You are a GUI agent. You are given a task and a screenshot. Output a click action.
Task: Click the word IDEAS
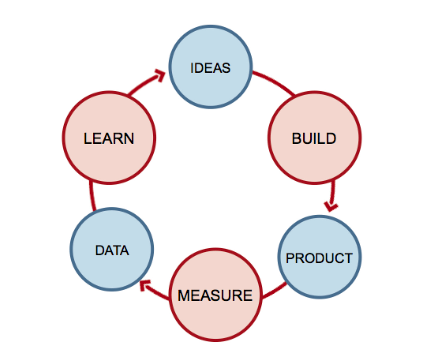pyautogui.click(x=210, y=68)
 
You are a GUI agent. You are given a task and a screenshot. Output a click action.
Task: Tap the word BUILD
pyautogui.click(x=314, y=138)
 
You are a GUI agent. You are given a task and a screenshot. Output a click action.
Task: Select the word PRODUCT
pyautogui.click(x=319, y=258)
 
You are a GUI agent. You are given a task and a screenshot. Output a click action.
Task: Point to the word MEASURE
pyautogui.click(x=215, y=295)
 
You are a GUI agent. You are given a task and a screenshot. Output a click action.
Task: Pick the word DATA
pyautogui.click(x=112, y=250)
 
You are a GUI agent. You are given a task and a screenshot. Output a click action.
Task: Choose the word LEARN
pyautogui.click(x=109, y=138)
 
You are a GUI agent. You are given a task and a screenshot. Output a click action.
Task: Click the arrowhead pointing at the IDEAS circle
pyautogui.click(x=161, y=75)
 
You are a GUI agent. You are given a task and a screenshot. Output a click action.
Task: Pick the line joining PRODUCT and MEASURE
pyautogui.click(x=274, y=291)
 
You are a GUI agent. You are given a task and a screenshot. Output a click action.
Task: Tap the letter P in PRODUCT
pyautogui.click(x=289, y=258)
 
